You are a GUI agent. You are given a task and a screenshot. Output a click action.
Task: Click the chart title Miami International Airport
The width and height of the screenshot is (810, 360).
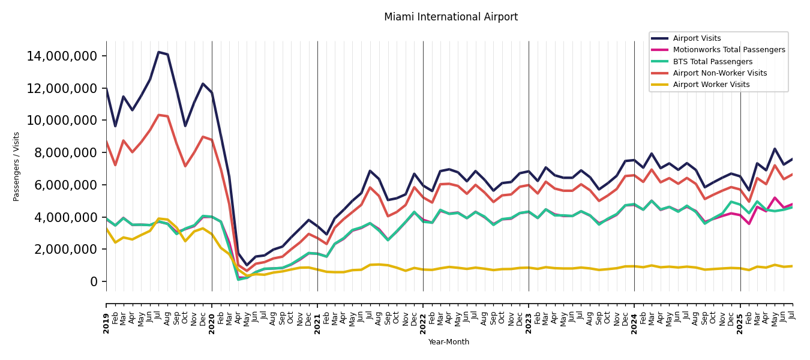(x=451, y=17)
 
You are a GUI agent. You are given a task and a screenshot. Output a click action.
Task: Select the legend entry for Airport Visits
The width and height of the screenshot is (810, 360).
(x=697, y=38)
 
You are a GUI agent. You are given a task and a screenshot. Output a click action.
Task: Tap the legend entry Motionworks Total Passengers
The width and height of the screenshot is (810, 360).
(x=728, y=50)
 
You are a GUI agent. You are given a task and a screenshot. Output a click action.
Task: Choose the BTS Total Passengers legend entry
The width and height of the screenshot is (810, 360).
(x=712, y=62)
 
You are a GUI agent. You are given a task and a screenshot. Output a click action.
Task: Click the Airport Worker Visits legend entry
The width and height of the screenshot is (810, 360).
(x=711, y=85)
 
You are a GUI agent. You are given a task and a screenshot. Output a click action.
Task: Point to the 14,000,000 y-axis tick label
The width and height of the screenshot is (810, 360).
(x=62, y=56)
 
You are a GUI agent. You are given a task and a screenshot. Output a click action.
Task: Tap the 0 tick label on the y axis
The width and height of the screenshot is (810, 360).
(x=94, y=281)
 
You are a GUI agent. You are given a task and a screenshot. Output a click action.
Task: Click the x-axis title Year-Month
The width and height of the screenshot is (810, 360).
(x=449, y=342)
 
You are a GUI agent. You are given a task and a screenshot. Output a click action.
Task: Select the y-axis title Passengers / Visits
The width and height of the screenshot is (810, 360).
(x=17, y=166)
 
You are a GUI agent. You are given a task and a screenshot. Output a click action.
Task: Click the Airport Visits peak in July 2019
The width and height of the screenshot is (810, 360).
(x=159, y=52)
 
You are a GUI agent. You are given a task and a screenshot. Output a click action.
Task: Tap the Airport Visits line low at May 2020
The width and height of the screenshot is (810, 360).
(x=247, y=265)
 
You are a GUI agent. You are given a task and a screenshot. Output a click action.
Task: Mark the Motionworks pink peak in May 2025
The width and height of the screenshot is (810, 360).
(x=775, y=197)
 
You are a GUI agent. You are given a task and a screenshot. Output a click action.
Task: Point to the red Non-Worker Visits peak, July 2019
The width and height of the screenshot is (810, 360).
(x=159, y=115)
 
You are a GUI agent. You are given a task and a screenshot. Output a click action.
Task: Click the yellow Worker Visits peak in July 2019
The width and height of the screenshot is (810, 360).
(x=159, y=218)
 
